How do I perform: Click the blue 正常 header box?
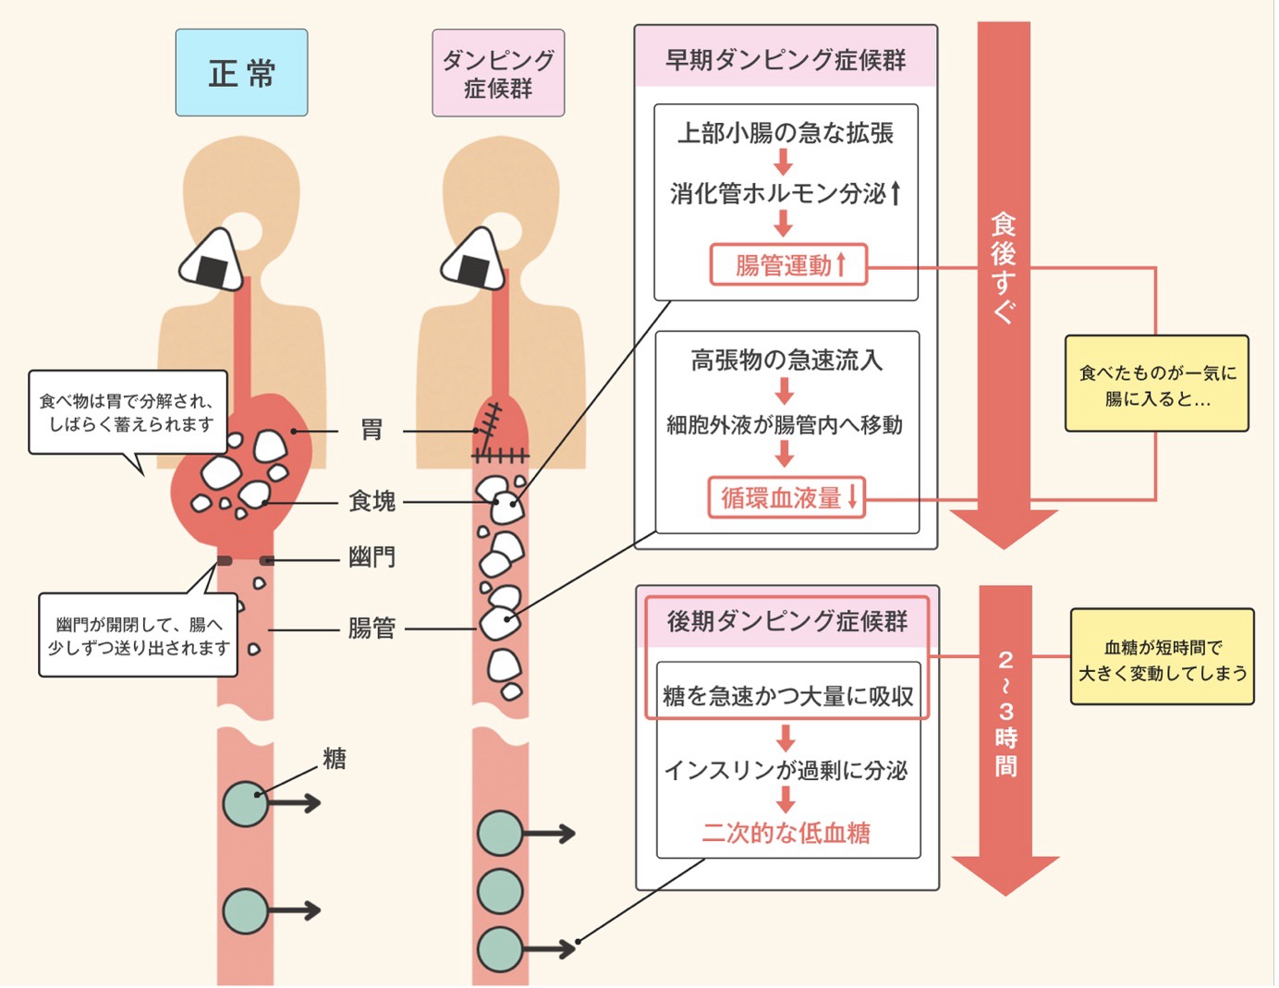tap(241, 73)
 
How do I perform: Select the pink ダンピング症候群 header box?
tap(498, 73)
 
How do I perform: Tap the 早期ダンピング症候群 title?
tap(786, 60)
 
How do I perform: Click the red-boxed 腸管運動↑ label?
tap(788, 265)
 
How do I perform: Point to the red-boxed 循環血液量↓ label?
tap(787, 497)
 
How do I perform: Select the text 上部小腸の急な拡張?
tap(786, 133)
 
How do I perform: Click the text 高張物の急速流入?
tap(786, 360)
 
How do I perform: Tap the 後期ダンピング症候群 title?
tap(787, 621)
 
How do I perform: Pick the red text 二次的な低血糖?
tap(786, 833)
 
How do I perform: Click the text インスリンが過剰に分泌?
tap(786, 770)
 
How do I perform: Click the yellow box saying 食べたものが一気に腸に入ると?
tap(1157, 384)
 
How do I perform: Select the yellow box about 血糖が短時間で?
tap(1163, 658)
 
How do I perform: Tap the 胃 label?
tap(372, 430)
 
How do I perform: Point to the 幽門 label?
tap(372, 557)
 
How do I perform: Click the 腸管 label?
tap(372, 628)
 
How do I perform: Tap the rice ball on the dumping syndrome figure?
tap(474, 261)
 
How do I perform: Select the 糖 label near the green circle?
tap(335, 759)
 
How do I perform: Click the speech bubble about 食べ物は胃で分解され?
tap(128, 413)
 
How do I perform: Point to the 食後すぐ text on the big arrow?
tap(1004, 268)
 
